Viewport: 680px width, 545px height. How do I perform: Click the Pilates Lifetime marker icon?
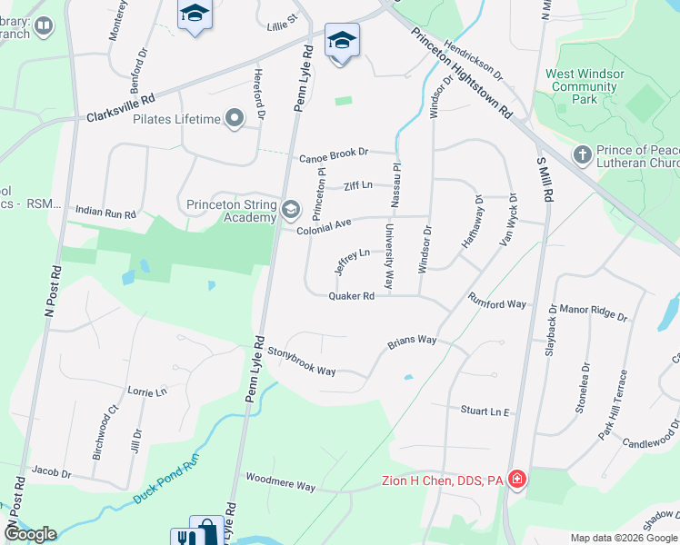coord(235,119)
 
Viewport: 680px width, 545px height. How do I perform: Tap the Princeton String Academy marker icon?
coord(291,210)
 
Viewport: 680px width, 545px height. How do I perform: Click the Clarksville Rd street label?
coord(121,108)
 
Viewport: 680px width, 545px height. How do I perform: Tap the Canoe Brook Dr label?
coord(335,154)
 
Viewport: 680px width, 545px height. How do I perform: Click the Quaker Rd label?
coord(352,296)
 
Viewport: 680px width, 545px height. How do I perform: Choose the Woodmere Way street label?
coord(280,481)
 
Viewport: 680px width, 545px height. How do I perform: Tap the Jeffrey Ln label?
coord(352,261)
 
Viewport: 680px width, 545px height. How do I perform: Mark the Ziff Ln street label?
coord(358,185)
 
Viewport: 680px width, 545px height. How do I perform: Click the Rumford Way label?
coord(497,302)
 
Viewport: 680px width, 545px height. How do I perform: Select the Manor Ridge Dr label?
coord(594,312)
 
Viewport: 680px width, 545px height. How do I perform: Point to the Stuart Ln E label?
coord(485,411)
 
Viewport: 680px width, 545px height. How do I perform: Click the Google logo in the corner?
coord(30,533)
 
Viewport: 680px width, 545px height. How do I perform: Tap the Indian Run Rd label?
coord(105,211)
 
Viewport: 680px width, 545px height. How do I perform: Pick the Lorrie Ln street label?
coord(147,391)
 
